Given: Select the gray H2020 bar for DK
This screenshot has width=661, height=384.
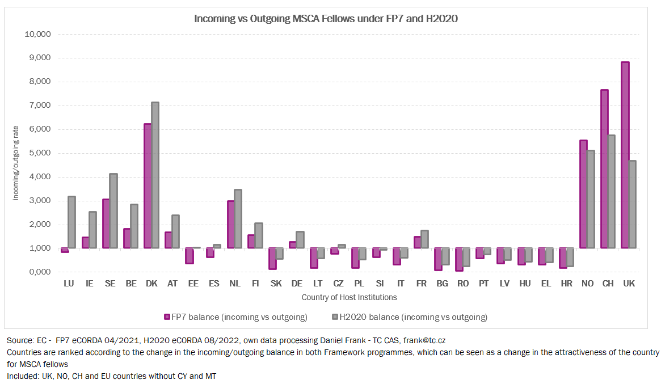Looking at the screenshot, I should [154, 175].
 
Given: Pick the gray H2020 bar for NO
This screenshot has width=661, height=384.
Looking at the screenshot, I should [591, 199].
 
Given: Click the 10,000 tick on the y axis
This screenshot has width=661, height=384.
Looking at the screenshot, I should [39, 34].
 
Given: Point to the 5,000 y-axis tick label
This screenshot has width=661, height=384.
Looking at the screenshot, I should [39, 153].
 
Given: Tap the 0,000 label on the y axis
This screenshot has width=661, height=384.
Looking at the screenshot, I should [39, 272].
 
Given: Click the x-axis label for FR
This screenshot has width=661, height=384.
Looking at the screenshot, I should [422, 284].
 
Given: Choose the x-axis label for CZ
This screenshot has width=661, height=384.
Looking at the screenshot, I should [338, 284].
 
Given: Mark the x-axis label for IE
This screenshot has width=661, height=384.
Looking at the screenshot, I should [89, 284].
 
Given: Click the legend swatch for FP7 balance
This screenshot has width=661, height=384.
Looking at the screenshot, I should [167, 317].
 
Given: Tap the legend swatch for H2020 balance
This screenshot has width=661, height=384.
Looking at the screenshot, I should [335, 317].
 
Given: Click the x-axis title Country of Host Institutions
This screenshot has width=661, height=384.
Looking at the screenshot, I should [349, 297].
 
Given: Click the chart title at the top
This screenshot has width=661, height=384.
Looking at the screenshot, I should [326, 18].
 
